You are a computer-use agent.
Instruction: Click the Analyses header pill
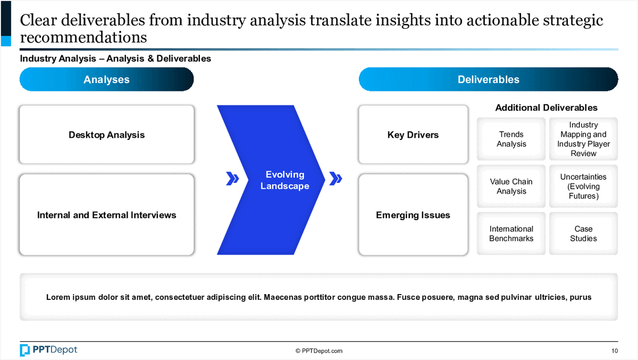pyautogui.click(x=106, y=79)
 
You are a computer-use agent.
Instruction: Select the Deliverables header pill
pyautogui.click(x=488, y=79)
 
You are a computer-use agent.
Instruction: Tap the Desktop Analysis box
pyautogui.click(x=107, y=135)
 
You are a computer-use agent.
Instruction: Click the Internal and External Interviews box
pyautogui.click(x=107, y=215)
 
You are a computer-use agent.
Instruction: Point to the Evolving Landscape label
pyautogui.click(x=285, y=180)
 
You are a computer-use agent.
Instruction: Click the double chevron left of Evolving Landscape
pyautogui.click(x=232, y=179)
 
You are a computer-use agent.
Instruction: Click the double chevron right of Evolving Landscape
pyautogui.click(x=335, y=179)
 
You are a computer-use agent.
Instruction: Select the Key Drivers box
pyautogui.click(x=413, y=135)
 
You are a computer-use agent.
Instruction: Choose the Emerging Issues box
pyautogui.click(x=413, y=215)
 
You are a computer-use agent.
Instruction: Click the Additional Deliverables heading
pyautogui.click(x=547, y=107)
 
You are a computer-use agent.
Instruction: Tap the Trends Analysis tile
pyautogui.click(x=511, y=139)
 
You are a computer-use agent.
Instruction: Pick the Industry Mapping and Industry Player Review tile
pyautogui.click(x=583, y=139)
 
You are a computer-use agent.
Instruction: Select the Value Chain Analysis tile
pyautogui.click(x=511, y=186)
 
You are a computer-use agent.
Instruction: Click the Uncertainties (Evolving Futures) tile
pyautogui.click(x=583, y=186)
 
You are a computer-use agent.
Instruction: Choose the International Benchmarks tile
pyautogui.click(x=511, y=233)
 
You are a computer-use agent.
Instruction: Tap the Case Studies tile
pyautogui.click(x=583, y=233)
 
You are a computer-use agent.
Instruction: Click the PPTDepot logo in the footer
pyautogui.click(x=48, y=350)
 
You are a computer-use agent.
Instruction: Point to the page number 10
pyautogui.click(x=615, y=351)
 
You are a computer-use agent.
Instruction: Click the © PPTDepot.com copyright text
pyautogui.click(x=318, y=351)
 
